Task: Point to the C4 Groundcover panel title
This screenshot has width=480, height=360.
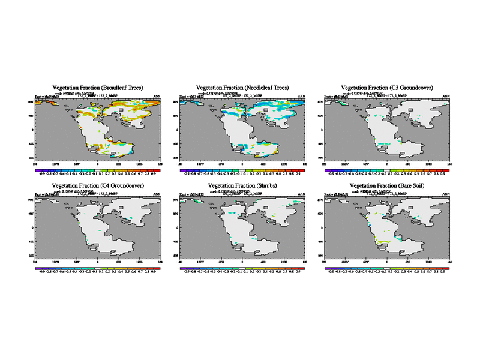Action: (98, 187)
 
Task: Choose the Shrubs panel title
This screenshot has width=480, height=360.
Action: (242, 187)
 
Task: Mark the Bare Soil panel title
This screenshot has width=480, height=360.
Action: (387, 187)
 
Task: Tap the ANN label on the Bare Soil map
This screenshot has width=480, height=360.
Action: (446, 194)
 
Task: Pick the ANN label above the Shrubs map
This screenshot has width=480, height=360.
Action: (301, 194)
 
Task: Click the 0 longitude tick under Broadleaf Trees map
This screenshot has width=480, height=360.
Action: (98, 163)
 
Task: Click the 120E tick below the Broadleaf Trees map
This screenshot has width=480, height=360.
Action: (140, 163)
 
